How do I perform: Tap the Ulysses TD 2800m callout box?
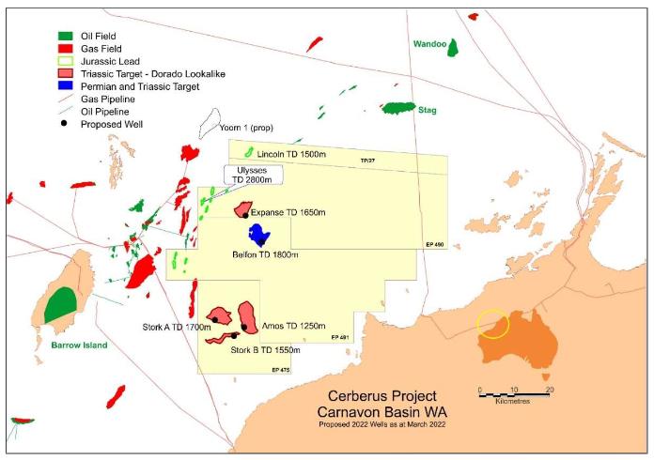(x=250, y=176)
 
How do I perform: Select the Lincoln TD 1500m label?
(x=290, y=153)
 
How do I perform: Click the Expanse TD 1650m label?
(x=288, y=213)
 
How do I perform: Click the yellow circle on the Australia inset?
(x=493, y=324)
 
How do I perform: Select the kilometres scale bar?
(x=514, y=392)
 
